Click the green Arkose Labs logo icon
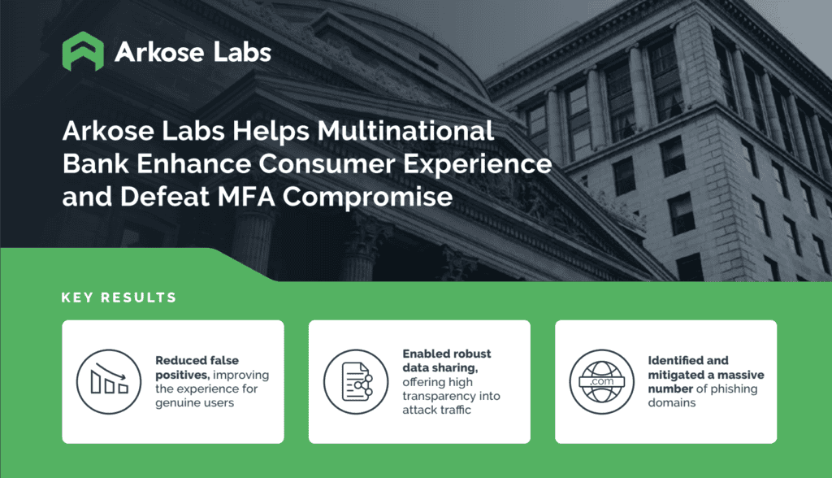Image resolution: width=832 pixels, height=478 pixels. point(83,51)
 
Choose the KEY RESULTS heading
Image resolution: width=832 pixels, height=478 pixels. point(119,298)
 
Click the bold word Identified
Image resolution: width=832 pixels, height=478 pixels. point(676,360)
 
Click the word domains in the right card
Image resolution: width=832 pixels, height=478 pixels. point(672,402)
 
